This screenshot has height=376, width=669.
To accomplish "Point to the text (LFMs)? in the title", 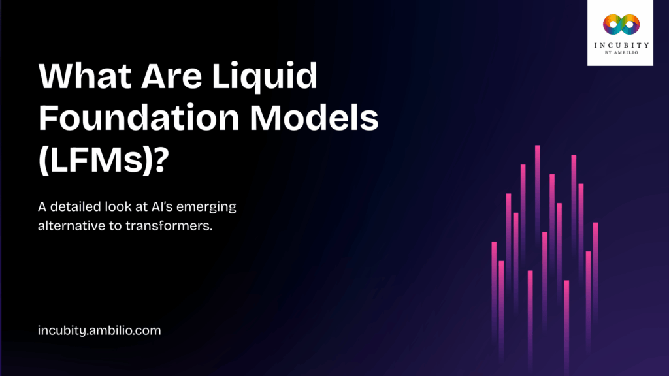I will coord(101,160).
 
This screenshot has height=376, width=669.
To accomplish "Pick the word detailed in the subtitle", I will coord(78,208).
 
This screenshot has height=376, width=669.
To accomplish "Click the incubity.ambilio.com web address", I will coord(99,331).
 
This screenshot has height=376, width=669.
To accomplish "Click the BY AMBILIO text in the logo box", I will coord(620,55).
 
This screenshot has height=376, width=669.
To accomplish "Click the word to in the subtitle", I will coord(118,225).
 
